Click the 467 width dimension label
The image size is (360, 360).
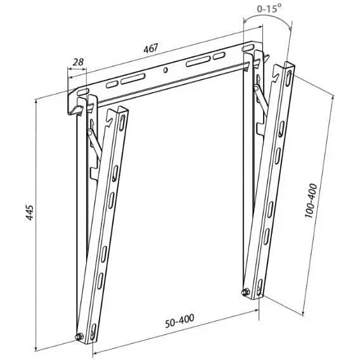point(151,48)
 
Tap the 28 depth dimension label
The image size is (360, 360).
point(78,62)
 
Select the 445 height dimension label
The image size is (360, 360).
point(30,212)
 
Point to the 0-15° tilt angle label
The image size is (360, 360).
point(269,9)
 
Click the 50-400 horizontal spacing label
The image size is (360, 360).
point(180,320)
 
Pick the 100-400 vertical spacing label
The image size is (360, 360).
point(311,200)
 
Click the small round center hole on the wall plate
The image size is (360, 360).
point(165,70)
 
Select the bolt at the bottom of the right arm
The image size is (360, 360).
point(246,292)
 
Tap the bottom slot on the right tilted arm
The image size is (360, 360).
point(259,287)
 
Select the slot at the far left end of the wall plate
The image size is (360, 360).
point(82,91)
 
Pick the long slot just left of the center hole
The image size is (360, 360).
point(133,79)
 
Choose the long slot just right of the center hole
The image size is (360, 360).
point(198,61)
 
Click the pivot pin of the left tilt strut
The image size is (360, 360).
point(90,132)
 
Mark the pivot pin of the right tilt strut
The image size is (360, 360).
point(257,88)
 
